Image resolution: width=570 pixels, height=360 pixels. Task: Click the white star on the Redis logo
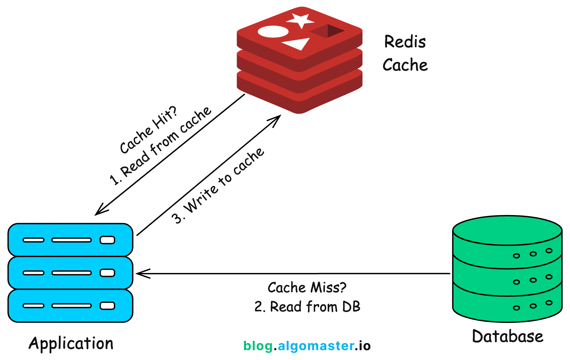300,20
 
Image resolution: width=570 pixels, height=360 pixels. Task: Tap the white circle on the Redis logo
273,32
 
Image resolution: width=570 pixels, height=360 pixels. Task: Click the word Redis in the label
405,42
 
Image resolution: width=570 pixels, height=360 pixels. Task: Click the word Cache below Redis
405,65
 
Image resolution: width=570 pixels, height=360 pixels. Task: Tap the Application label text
71,343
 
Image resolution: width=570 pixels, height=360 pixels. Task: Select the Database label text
507,337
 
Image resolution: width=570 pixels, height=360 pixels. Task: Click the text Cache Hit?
149,130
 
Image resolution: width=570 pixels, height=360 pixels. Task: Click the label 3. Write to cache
218,186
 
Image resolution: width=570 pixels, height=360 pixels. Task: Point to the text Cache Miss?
307,288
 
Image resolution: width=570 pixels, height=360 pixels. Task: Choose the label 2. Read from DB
307,307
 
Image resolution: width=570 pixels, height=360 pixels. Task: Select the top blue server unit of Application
70,240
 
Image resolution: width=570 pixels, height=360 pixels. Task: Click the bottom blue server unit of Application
70,305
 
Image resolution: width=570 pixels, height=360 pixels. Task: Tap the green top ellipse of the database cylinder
507,230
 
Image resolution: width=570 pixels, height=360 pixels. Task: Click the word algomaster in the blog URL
316,346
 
